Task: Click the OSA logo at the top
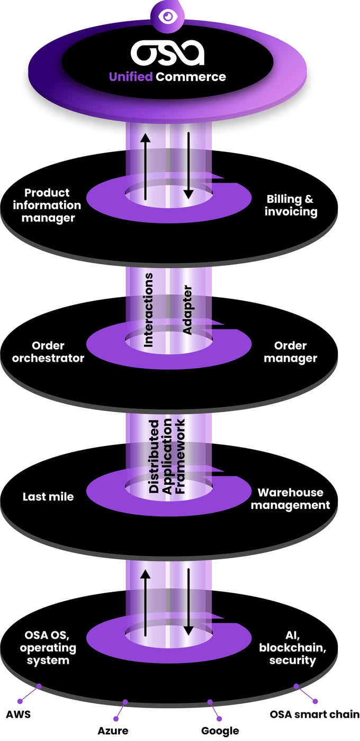pyautogui.click(x=167, y=53)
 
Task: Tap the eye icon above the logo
pyautogui.click(x=168, y=16)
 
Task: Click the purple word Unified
pyautogui.click(x=131, y=77)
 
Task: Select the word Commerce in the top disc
pyautogui.click(x=191, y=77)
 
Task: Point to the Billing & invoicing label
pyautogui.click(x=292, y=206)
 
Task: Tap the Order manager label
pyautogui.click(x=290, y=352)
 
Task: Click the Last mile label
pyautogui.click(x=48, y=497)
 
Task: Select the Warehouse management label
pyautogui.click(x=290, y=497)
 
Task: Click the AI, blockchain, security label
pyautogui.click(x=292, y=647)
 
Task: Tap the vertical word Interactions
pyautogui.click(x=149, y=310)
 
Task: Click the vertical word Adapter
pyautogui.click(x=186, y=310)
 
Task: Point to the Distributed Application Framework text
pyautogui.click(x=167, y=456)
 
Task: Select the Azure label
pyautogui.click(x=112, y=730)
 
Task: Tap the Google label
pyautogui.click(x=220, y=730)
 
